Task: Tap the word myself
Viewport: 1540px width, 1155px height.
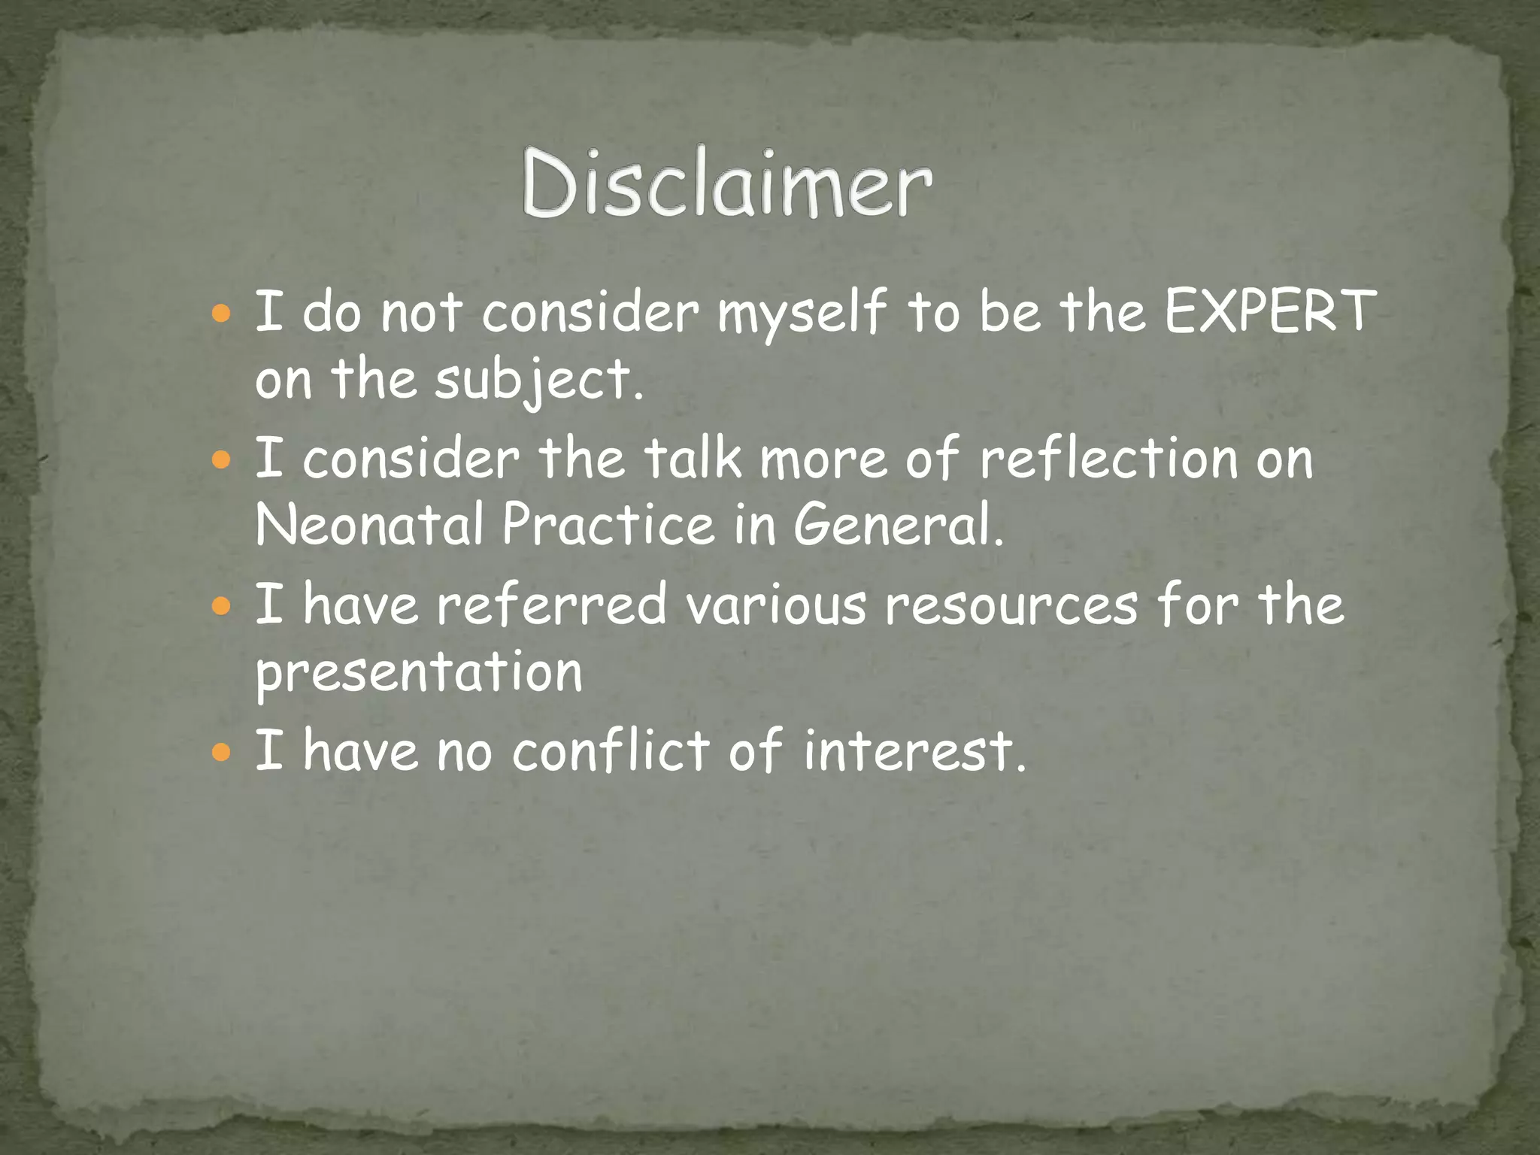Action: (802, 314)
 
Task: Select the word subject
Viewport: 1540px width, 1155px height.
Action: (538, 380)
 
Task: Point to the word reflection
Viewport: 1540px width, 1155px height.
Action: (1108, 458)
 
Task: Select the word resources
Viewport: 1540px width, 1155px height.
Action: (1012, 605)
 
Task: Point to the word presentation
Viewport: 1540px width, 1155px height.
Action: (419, 672)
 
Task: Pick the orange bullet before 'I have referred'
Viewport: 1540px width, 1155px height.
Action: (221, 605)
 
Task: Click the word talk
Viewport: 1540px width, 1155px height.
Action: (693, 458)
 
